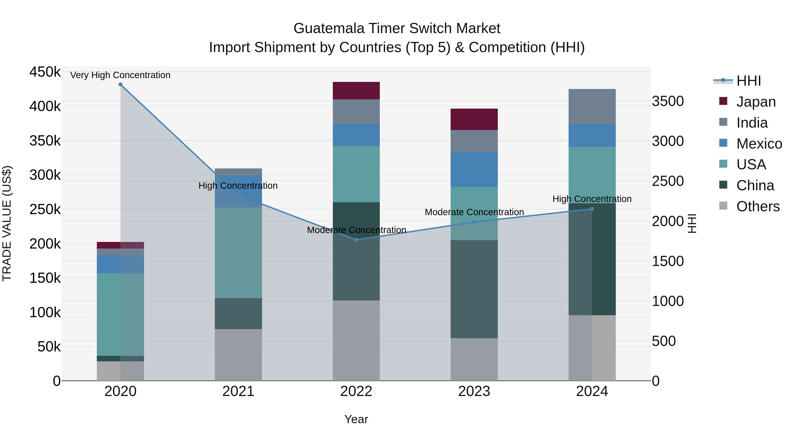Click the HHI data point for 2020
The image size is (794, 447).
pos(120,85)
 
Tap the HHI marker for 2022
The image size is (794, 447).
pos(356,240)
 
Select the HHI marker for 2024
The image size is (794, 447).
pos(592,209)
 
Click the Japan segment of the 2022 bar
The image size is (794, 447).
pos(356,91)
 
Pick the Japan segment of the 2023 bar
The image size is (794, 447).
pos(474,119)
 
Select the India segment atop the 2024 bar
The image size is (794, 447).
pos(592,107)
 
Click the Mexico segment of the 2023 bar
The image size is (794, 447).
pos(474,169)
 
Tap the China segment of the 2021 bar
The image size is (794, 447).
pos(238,313)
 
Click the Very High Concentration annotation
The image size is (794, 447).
pos(120,75)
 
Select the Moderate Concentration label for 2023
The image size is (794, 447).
pos(474,212)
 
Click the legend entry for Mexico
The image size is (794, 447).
pos(759,144)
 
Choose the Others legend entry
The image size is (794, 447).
pos(758,206)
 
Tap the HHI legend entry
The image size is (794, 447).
pos(748,81)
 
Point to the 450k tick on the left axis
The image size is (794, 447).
pos(45,72)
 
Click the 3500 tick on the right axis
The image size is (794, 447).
pos(668,101)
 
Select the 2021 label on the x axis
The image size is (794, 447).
pos(238,391)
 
